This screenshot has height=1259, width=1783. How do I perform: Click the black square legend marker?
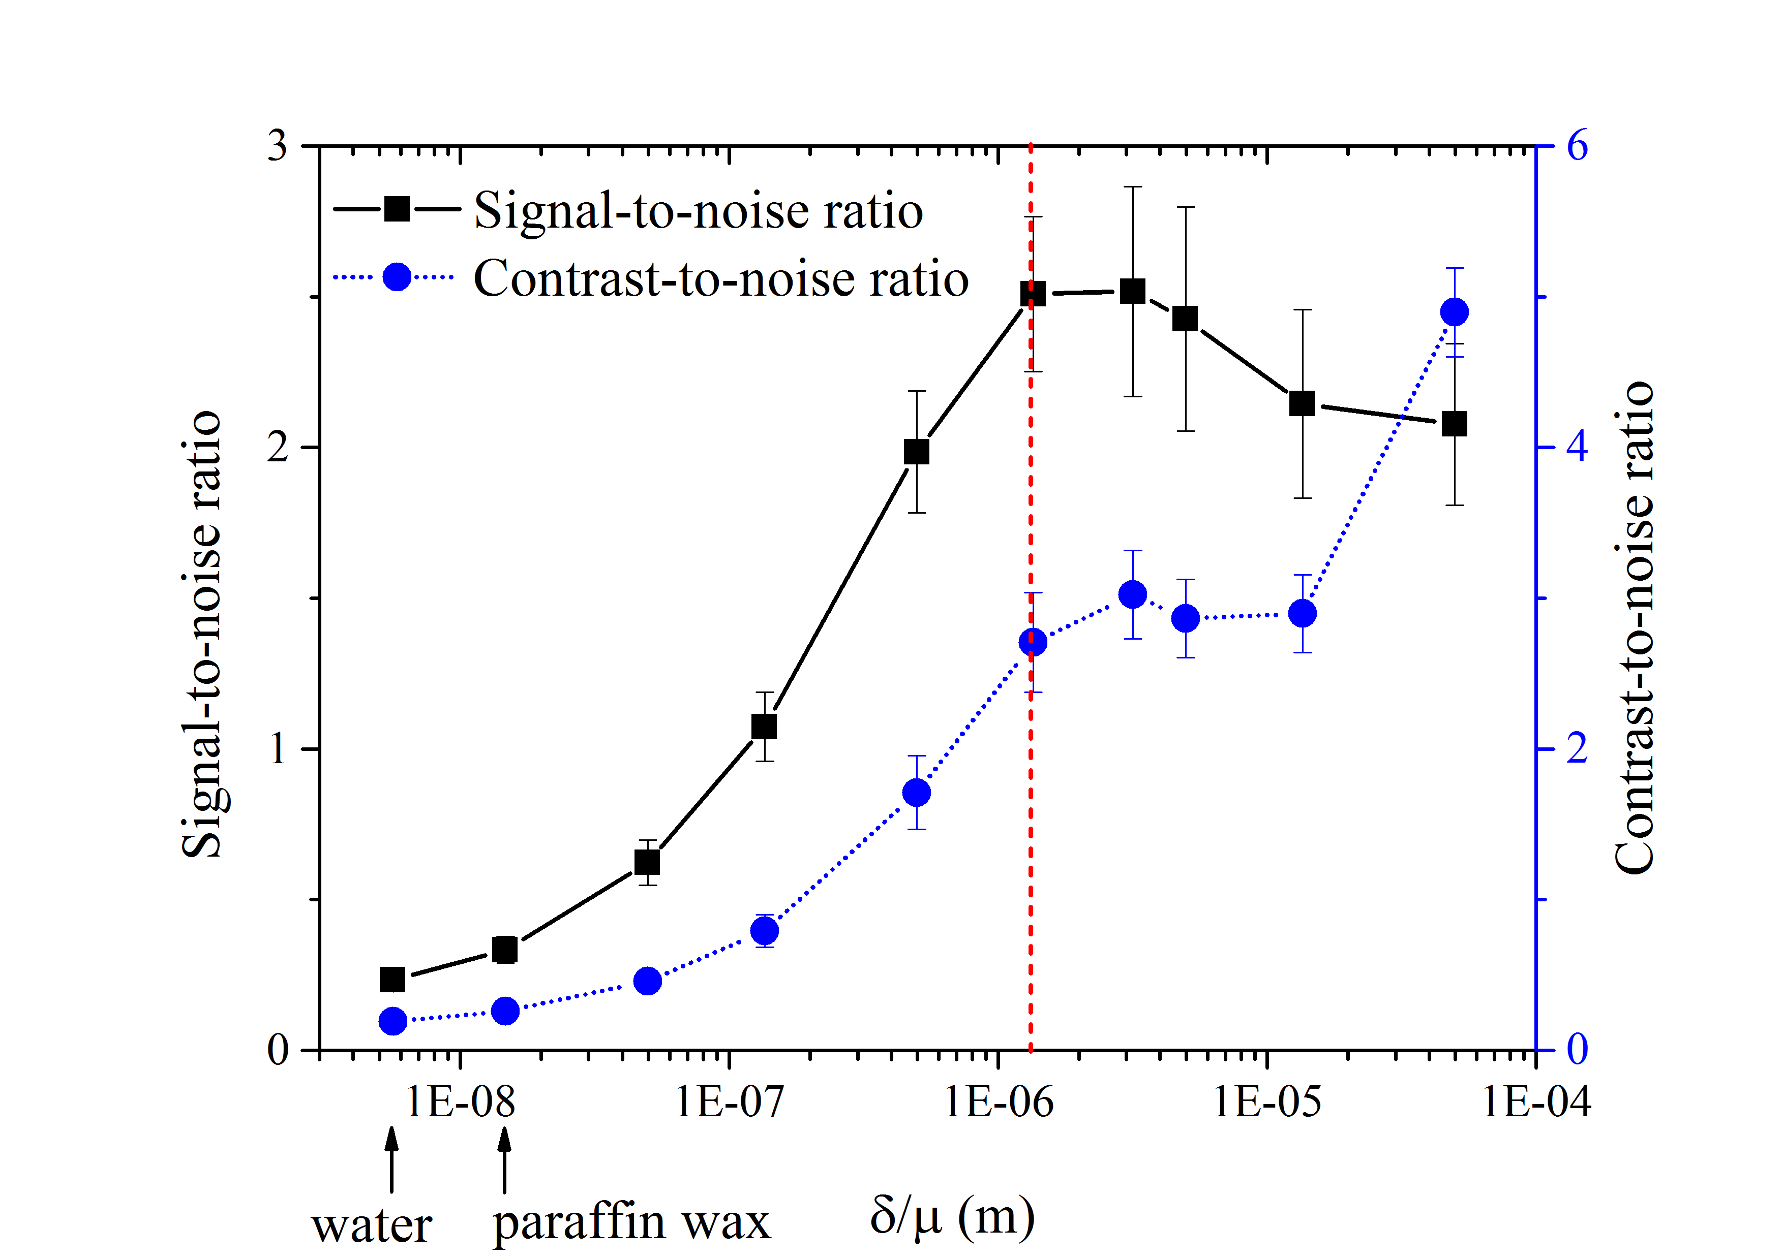coord(397,209)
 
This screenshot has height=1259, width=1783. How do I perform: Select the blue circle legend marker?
coord(397,277)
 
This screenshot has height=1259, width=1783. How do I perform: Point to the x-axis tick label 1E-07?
coord(729,1102)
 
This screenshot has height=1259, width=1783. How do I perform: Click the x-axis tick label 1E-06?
coord(999,1102)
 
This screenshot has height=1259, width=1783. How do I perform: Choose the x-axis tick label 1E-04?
coord(1536,1102)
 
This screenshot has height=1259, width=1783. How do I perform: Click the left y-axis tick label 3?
coord(277,145)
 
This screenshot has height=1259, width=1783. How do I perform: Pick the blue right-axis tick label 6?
coord(1577,145)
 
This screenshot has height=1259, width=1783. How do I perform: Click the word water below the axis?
coord(371,1226)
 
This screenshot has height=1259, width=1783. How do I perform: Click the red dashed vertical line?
coord(1031,854)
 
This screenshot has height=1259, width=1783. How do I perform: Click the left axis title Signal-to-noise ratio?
coord(202,635)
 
